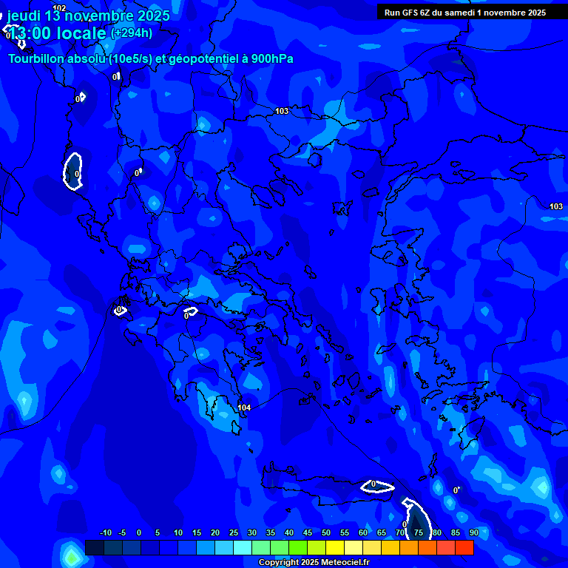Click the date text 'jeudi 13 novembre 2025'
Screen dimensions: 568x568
[x=88, y=16]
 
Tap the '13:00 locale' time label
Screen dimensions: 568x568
[x=57, y=33]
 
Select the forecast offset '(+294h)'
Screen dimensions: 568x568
[x=132, y=33]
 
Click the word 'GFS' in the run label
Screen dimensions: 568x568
[x=411, y=13]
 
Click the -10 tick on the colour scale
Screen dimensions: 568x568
[x=105, y=532]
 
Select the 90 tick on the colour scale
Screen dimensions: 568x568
[x=473, y=532]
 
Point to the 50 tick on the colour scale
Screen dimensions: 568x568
[x=326, y=532]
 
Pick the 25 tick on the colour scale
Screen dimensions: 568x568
[x=234, y=532]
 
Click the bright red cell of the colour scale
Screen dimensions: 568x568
[x=464, y=547]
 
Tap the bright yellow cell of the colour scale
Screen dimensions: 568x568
[x=335, y=547]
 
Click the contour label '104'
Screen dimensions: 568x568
[x=244, y=408]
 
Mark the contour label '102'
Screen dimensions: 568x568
[x=59, y=8]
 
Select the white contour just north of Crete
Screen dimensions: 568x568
[x=377, y=486]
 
